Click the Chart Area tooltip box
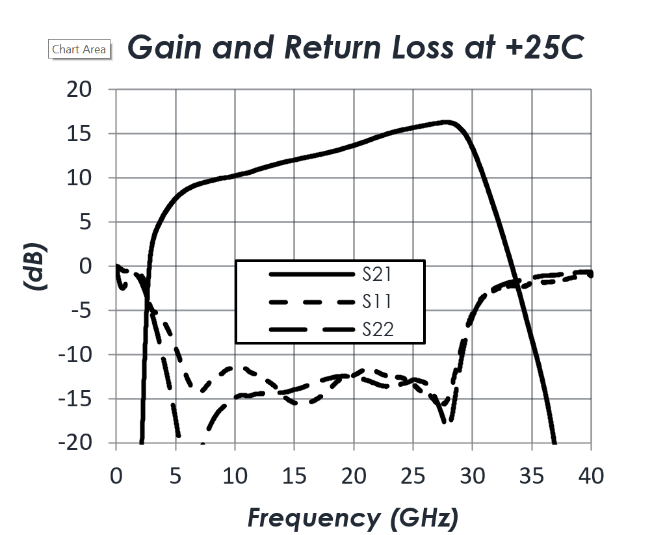pyautogui.click(x=79, y=49)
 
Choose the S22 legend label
pyautogui.click(x=378, y=330)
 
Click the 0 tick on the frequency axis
pyautogui.click(x=116, y=476)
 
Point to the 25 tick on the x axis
pyautogui.click(x=413, y=476)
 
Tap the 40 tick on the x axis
pyautogui.click(x=590, y=476)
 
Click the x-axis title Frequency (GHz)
pyautogui.click(x=353, y=518)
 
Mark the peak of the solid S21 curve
pyautogui.click(x=447, y=122)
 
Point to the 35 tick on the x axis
pyautogui.click(x=532, y=476)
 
